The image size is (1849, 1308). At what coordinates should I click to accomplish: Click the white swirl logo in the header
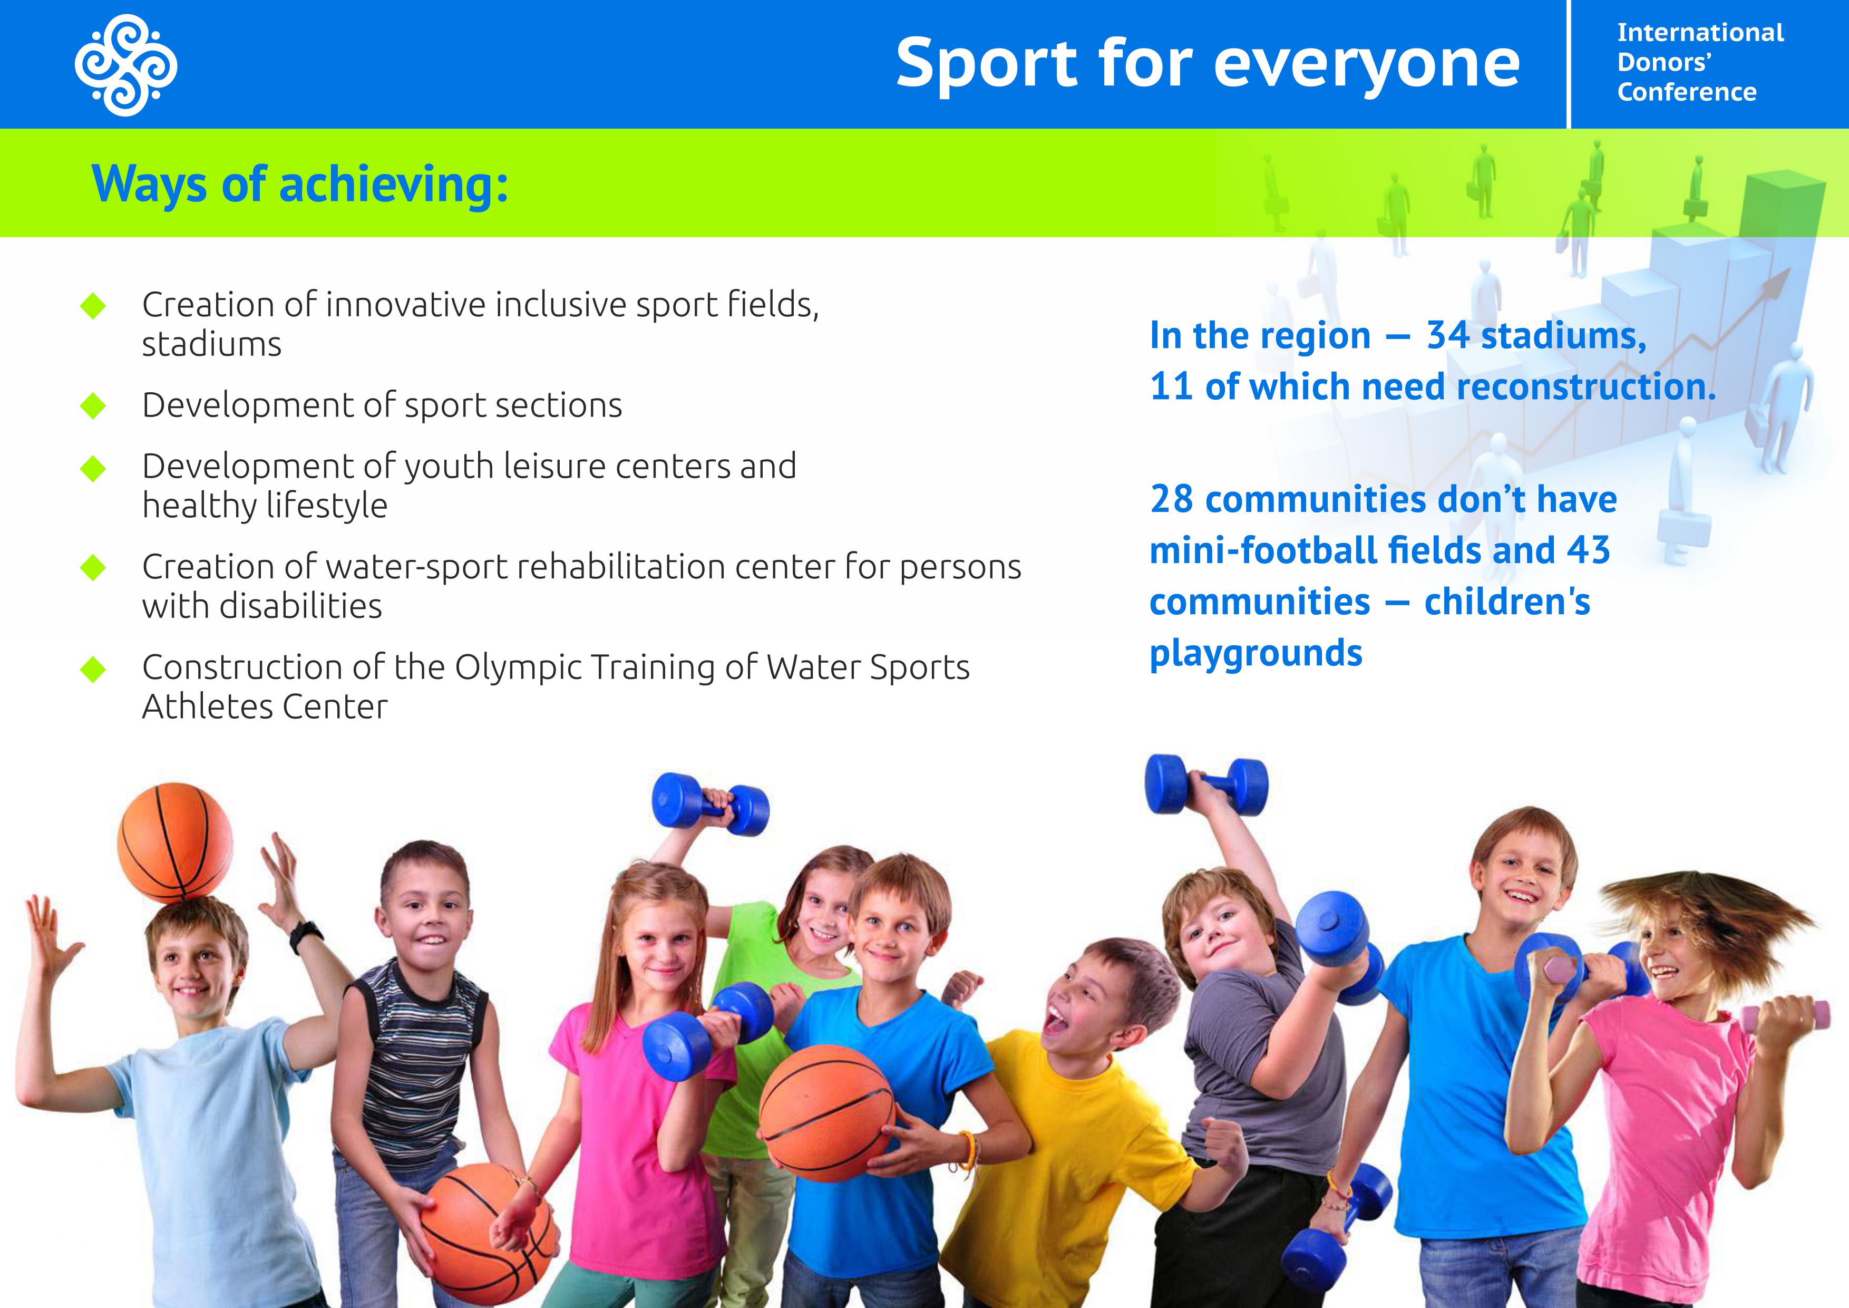pos(125,64)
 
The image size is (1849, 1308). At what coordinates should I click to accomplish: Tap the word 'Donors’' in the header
pos(1664,62)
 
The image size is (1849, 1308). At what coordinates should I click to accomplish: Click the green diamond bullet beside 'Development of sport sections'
pos(93,406)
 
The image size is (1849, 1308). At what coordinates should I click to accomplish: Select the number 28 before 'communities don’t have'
pos(1172,499)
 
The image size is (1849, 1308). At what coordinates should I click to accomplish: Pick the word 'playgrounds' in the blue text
pos(1256,654)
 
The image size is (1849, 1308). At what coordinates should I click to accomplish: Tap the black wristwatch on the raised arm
pos(306,936)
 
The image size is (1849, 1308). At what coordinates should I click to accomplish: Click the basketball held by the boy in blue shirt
pos(826,1113)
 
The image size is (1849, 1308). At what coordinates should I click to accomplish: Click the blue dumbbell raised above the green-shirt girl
pos(711,803)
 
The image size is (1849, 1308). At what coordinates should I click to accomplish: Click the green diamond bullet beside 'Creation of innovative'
pos(93,306)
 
